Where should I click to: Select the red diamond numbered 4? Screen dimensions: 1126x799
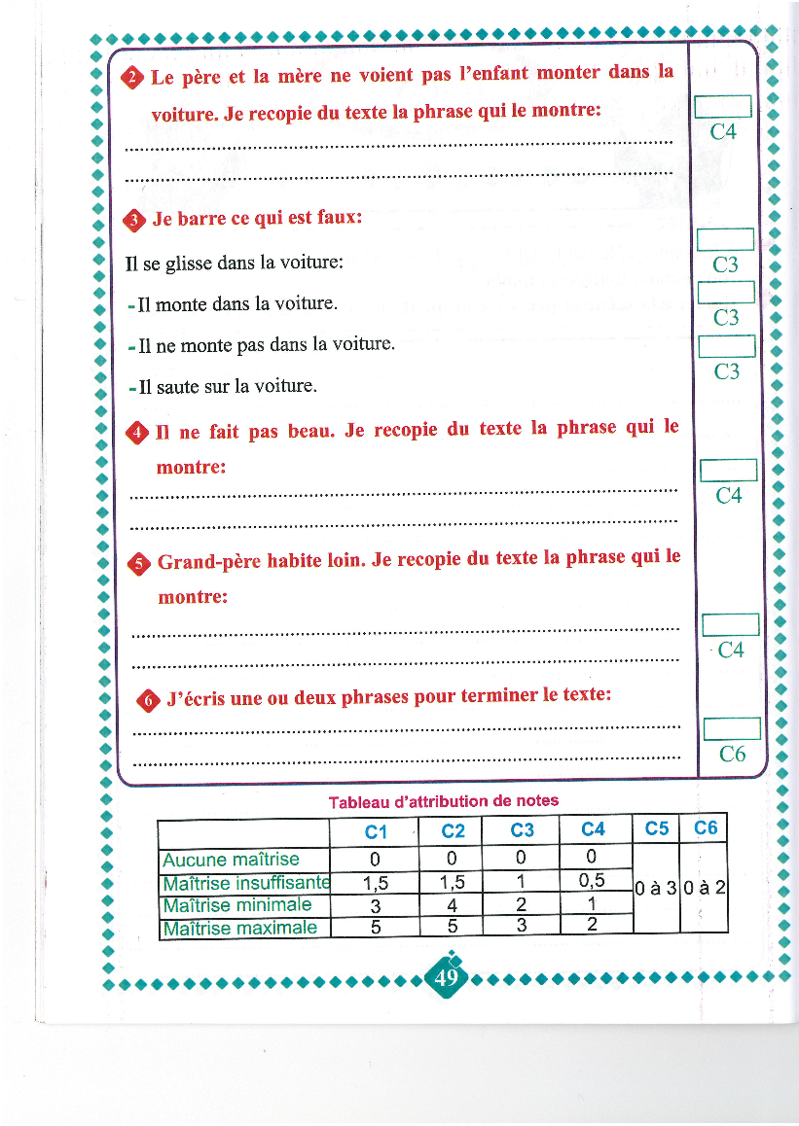pyautogui.click(x=138, y=433)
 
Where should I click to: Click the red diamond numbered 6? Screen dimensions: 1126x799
pyautogui.click(x=148, y=699)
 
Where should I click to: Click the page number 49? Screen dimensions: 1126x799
pyautogui.click(x=447, y=976)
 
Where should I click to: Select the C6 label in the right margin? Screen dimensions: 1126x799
pyautogui.click(x=732, y=754)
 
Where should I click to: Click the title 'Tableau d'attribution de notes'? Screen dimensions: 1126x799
pyautogui.click(x=444, y=801)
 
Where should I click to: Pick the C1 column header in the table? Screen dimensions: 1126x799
pyautogui.click(x=376, y=831)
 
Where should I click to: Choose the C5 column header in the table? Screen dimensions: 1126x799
pyautogui.click(x=657, y=828)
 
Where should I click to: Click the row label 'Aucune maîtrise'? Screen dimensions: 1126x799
pyautogui.click(x=232, y=860)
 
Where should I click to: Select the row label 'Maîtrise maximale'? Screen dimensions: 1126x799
pyautogui.click(x=239, y=928)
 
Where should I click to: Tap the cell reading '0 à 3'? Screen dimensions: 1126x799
pyautogui.click(x=656, y=888)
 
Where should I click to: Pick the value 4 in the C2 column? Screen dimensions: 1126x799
pyautogui.click(x=453, y=905)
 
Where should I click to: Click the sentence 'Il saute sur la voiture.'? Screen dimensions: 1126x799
pyautogui.click(x=222, y=386)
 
